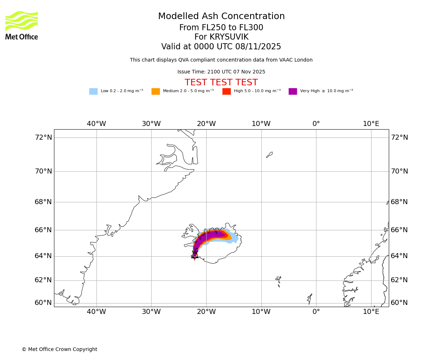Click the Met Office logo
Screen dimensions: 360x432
coord(22,25)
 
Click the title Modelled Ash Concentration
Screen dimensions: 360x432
coord(221,17)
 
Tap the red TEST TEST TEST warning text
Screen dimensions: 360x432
coord(221,83)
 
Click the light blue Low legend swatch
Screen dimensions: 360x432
coord(93,91)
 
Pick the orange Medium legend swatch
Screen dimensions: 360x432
coord(156,91)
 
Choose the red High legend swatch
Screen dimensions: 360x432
coord(226,91)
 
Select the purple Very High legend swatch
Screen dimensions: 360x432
coord(293,91)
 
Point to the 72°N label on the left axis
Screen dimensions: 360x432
coord(43,138)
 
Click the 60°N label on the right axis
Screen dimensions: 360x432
coord(399,303)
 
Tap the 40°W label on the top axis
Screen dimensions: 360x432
coord(96,124)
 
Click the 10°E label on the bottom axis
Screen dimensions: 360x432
coord(371,312)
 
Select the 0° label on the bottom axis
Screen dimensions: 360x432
coord(316,312)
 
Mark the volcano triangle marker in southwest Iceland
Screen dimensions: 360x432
coord(195,255)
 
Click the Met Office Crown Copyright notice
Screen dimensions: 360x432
coord(59,350)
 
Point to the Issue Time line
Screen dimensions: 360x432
coord(221,72)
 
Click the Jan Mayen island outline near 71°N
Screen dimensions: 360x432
coord(269,155)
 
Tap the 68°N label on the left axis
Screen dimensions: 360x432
coord(43,202)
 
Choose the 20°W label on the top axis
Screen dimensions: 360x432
coord(206,124)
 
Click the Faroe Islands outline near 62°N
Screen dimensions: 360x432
coord(278,280)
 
